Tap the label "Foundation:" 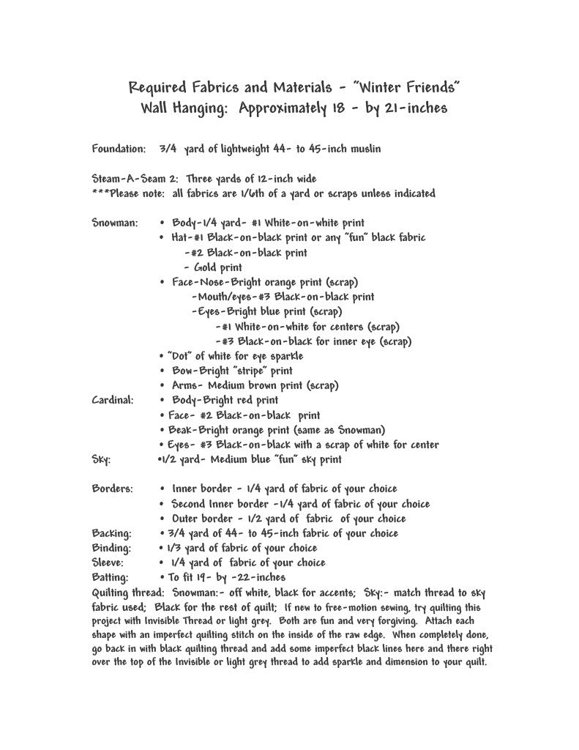point(119,149)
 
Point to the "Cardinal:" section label point(113,401)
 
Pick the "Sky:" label point(101,460)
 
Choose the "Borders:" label point(113,489)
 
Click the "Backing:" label point(111,533)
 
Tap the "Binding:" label point(111,548)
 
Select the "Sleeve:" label point(108,562)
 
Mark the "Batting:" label point(111,578)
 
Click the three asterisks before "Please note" point(102,194)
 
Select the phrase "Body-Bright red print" point(225,401)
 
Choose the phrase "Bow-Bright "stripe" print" point(232,371)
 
